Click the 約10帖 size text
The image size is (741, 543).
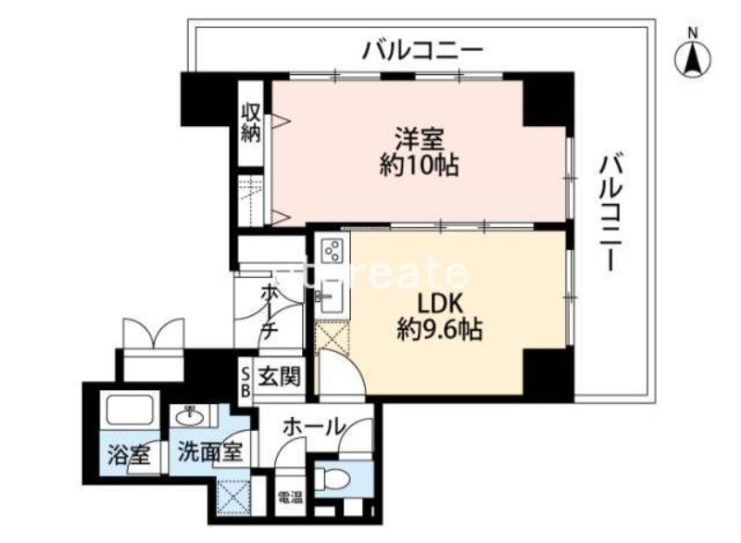[x=420, y=167]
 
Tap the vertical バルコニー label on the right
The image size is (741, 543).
[x=609, y=212]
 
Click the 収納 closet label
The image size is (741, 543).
[x=251, y=120]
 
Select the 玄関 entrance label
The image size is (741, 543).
[x=279, y=377]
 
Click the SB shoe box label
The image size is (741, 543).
[x=245, y=380]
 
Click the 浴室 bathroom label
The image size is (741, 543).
[x=128, y=455]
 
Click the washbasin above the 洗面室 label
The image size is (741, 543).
[x=189, y=414]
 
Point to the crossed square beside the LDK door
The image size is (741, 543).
[x=330, y=338]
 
